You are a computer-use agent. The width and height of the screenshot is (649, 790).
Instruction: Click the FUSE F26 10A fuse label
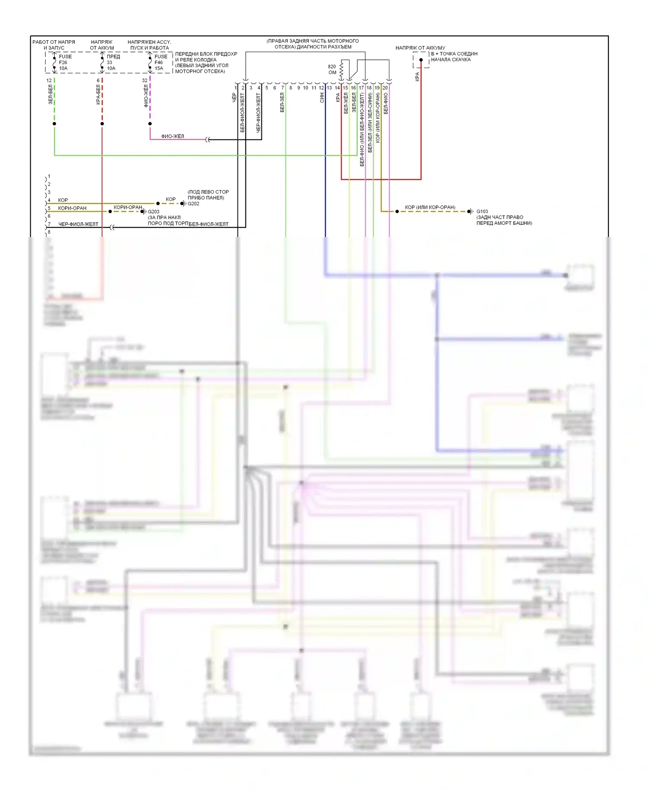tap(65, 62)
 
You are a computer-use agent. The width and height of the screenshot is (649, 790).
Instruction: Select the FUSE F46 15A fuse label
tap(161, 62)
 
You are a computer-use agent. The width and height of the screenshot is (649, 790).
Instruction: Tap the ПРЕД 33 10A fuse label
tap(113, 62)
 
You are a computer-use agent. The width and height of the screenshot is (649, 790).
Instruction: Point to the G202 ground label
tap(193, 204)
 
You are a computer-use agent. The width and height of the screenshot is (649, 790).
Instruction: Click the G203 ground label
tap(154, 212)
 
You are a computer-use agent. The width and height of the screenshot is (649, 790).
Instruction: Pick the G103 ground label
tap(482, 211)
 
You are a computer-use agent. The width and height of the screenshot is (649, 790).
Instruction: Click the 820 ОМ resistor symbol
tap(341, 69)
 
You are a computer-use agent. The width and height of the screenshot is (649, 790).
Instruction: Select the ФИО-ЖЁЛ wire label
tap(173, 136)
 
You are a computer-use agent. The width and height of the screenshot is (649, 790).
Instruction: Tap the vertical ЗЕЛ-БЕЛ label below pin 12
tap(51, 94)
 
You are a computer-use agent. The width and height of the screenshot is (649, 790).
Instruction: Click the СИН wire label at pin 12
tap(322, 98)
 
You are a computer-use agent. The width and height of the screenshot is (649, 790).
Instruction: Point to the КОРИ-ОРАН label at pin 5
tap(72, 208)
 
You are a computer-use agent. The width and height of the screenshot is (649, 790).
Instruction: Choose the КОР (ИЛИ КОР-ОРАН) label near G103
tap(430, 207)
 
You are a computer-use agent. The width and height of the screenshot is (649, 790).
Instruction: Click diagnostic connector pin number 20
tap(385, 88)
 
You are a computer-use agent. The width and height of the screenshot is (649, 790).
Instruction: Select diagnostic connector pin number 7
tap(283, 88)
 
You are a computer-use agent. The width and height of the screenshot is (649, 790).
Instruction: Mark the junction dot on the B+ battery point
tap(421, 60)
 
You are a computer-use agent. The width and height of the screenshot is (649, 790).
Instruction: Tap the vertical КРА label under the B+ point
tap(417, 77)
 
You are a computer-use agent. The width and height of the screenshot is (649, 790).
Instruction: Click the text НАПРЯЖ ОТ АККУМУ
tap(420, 48)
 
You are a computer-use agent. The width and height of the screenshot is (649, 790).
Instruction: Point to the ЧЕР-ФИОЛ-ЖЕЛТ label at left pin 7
tap(78, 224)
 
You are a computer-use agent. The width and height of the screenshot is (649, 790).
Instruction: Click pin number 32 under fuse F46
tap(145, 81)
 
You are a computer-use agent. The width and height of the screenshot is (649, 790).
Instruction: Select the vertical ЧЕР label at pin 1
tap(234, 98)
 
